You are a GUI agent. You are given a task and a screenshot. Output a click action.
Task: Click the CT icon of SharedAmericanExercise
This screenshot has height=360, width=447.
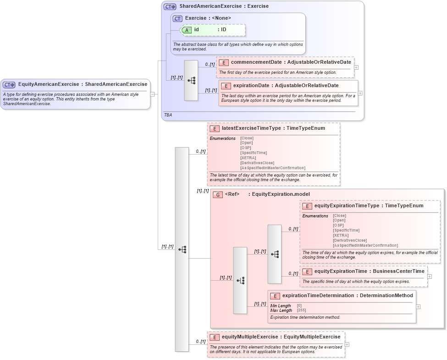(x=170, y=6)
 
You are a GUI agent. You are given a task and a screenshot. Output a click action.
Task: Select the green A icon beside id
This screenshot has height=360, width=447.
(x=187, y=30)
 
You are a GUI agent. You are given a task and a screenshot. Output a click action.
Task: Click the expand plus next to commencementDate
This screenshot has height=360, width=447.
(x=356, y=67)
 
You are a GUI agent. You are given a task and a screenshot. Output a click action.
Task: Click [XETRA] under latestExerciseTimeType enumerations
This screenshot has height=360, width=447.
(x=248, y=158)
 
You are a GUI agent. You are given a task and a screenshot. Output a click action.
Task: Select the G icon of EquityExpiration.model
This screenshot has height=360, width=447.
(x=218, y=194)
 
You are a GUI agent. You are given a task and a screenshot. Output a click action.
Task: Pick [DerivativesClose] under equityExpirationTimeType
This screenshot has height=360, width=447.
(x=350, y=240)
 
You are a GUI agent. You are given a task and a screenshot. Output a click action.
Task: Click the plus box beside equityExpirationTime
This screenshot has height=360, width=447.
(x=430, y=276)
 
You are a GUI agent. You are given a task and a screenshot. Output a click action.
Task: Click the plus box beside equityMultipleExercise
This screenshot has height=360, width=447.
(x=347, y=344)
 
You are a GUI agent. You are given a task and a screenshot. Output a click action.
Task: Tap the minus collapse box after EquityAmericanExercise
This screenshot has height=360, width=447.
(x=152, y=94)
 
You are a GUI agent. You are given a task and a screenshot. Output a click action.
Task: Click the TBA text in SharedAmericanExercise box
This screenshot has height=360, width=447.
(x=168, y=115)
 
